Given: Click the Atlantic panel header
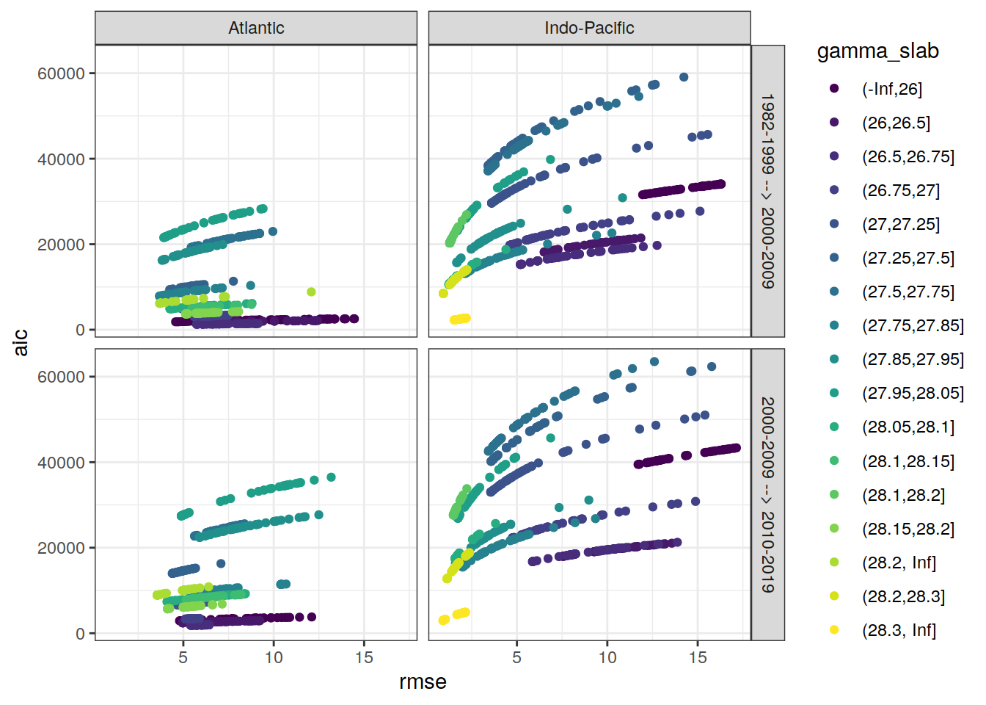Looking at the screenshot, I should click(x=256, y=28).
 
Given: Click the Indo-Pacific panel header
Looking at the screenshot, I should click(x=589, y=28).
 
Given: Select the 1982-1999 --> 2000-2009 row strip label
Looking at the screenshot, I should click(x=767, y=191).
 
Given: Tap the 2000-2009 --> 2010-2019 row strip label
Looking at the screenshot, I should click(x=767, y=494).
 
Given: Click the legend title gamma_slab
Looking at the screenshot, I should click(x=877, y=51).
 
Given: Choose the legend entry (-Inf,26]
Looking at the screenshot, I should click(x=891, y=89).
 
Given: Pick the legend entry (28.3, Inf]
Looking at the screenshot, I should click(x=899, y=630).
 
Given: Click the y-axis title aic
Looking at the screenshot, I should click(x=21, y=342).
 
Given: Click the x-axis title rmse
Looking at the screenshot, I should click(x=423, y=682).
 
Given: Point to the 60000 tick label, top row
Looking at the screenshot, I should click(x=61, y=73).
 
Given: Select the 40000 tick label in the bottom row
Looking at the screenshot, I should click(x=61, y=463).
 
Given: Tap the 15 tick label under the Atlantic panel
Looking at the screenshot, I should click(x=364, y=657).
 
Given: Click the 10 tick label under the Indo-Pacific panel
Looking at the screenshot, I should click(x=607, y=657).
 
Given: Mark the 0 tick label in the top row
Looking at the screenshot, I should click(x=80, y=330).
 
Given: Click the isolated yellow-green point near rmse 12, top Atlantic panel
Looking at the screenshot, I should click(x=311, y=292).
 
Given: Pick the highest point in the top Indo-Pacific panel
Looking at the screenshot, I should click(x=684, y=77).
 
